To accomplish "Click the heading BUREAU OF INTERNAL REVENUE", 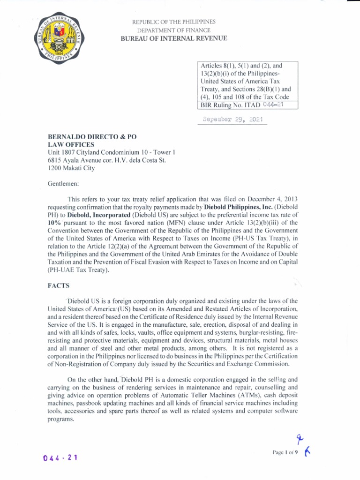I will tap(173, 38).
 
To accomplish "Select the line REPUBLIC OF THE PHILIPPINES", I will tap(173, 22).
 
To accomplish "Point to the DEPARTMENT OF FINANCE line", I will tap(173, 30).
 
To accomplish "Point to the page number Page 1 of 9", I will tap(285, 452).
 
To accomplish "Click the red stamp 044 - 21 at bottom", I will tap(60, 457).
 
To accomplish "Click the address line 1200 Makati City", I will tap(71, 168).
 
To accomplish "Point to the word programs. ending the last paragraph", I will tap(61, 419).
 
